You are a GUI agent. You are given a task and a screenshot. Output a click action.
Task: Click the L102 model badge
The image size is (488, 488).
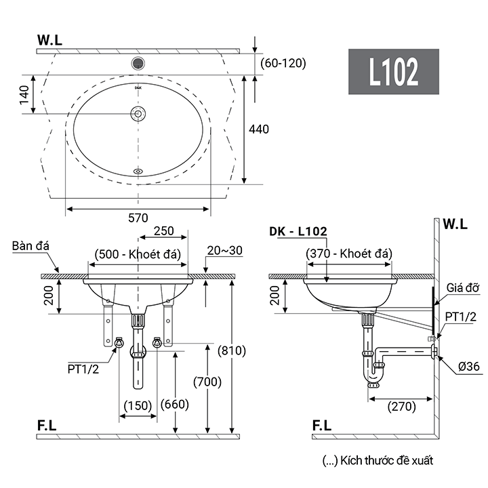[x=394, y=71]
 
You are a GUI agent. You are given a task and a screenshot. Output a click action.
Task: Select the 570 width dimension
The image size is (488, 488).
[x=138, y=218]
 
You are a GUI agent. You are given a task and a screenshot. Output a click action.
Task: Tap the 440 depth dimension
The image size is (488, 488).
[x=260, y=129]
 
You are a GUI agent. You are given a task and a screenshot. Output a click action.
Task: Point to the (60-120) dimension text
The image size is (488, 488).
[x=283, y=63]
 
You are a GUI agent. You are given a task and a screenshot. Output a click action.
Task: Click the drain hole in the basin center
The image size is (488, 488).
[x=138, y=113]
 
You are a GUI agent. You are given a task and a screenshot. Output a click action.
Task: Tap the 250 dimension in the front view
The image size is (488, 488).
[x=164, y=231]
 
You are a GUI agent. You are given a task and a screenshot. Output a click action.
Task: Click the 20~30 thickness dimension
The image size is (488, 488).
[x=226, y=251]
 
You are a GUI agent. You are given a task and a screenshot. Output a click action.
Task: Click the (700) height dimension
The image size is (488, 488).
[x=207, y=382]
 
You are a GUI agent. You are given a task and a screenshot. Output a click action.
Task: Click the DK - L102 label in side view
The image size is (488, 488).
[x=298, y=231]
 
